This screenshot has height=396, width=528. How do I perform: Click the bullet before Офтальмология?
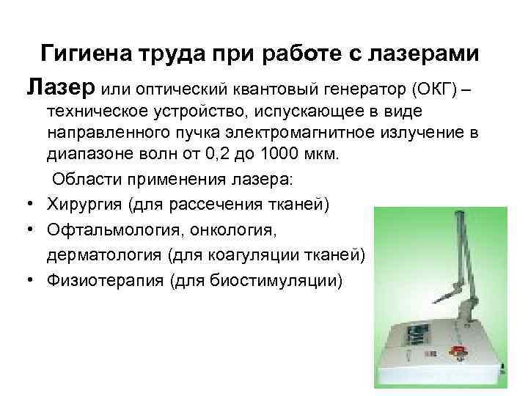click(x=29, y=231)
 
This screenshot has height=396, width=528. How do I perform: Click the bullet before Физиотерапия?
click(x=29, y=280)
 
